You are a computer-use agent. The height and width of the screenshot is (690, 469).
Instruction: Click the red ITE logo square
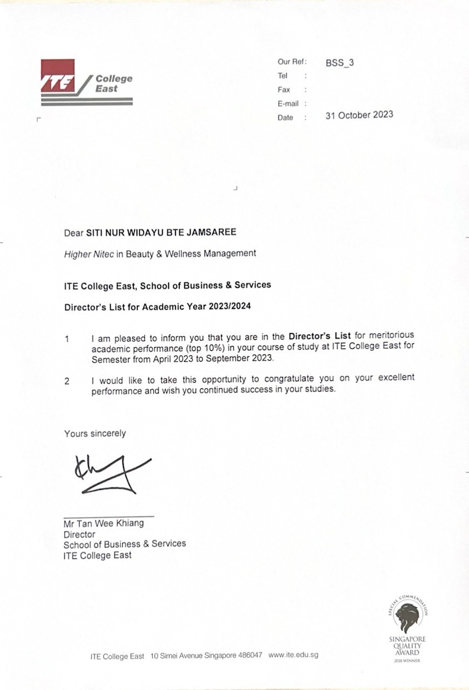[x=57, y=75]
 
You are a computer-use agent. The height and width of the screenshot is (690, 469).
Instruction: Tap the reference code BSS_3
[x=339, y=63]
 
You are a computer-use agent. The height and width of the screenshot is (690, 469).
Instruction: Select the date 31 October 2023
[x=359, y=115]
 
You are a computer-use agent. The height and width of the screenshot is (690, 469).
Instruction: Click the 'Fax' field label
[x=284, y=90]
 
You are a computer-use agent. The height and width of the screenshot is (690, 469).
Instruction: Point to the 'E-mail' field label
[x=288, y=103]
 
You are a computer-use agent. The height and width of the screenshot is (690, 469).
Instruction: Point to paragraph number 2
[x=67, y=381]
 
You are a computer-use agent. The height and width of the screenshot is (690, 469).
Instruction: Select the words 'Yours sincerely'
[x=95, y=433]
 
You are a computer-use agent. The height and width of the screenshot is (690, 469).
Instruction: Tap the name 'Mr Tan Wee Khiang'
[x=104, y=523]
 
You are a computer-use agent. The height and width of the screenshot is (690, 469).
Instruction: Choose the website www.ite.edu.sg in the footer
[x=293, y=655]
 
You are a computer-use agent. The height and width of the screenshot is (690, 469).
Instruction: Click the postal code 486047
[x=250, y=655]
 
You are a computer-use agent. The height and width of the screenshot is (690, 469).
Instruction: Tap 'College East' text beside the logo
[x=113, y=83]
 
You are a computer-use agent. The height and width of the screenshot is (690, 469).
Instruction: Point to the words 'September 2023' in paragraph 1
[x=246, y=358]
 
